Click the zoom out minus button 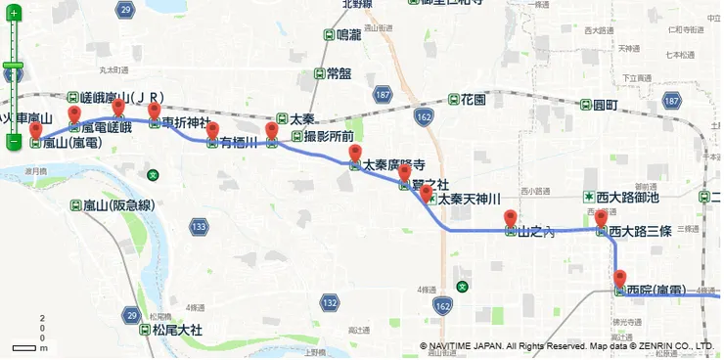[14, 142]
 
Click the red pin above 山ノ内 [510, 219]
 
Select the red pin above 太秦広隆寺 [355, 154]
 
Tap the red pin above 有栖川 [212, 132]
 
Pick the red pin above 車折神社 [154, 112]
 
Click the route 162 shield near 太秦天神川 [423, 117]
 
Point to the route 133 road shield [200, 228]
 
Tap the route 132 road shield [330, 303]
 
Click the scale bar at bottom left [23, 347]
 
